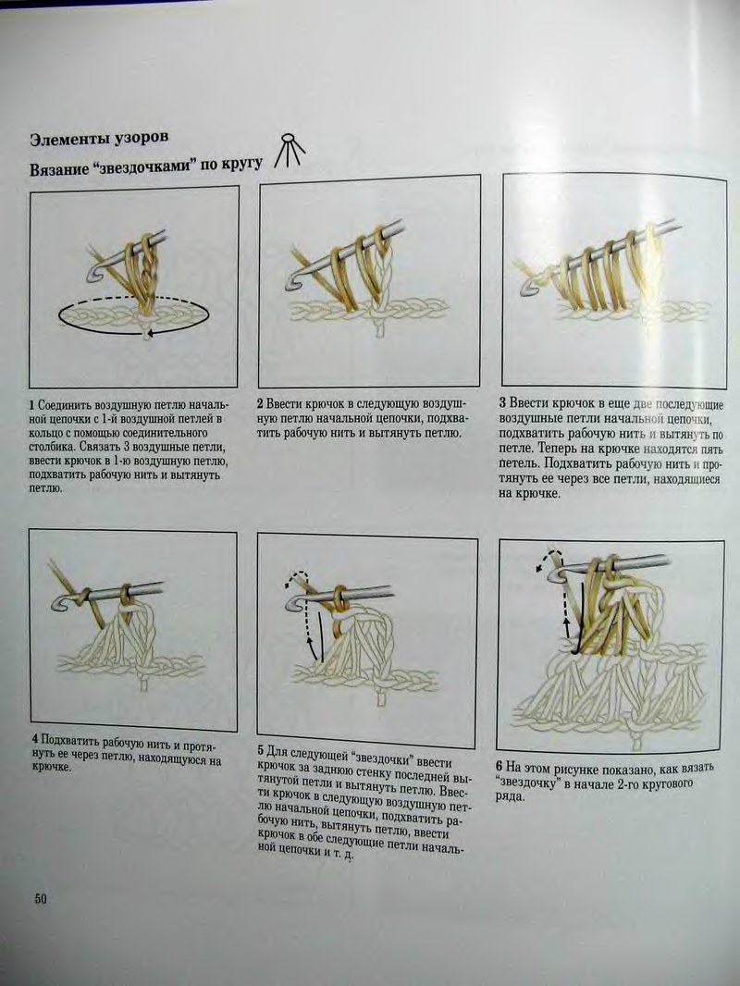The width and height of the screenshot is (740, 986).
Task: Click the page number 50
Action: click(41, 899)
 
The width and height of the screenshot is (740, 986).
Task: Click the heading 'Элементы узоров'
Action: click(99, 139)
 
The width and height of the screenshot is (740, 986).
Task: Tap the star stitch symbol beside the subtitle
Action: click(289, 150)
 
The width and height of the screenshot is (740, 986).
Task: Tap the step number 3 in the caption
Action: click(503, 402)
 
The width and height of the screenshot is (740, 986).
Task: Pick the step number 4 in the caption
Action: click(35, 740)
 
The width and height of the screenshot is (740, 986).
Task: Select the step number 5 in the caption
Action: click(261, 750)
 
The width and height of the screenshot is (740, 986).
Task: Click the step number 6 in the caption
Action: click(499, 767)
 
